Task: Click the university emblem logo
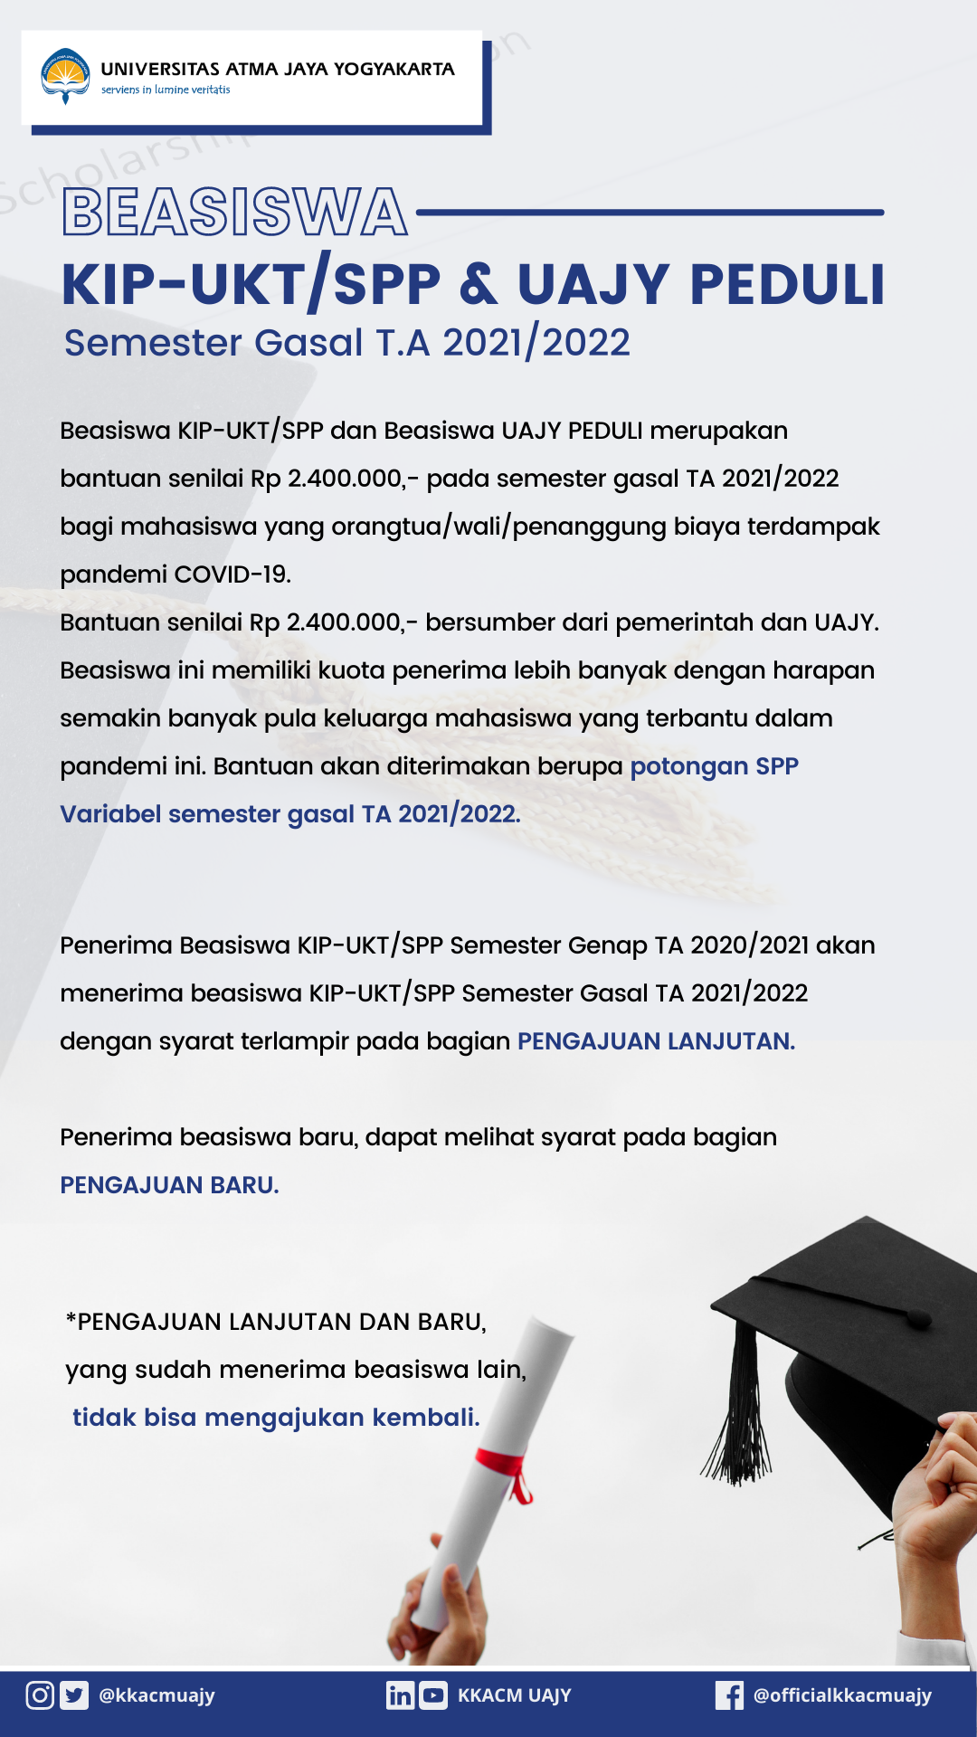coord(65,75)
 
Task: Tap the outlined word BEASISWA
coord(234,213)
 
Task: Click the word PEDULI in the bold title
coord(787,285)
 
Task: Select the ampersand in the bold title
coord(479,285)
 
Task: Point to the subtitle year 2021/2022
coord(536,343)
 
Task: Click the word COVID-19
coord(232,574)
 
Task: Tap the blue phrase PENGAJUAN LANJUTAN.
coord(656,1041)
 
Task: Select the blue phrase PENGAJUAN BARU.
coord(169,1185)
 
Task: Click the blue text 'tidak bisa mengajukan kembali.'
coord(276,1417)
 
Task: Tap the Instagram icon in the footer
coord(40,1694)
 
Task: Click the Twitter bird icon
coord(74,1694)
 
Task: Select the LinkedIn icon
coord(399,1694)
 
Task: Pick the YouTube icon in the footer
coord(433,1694)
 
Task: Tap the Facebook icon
coord(729,1694)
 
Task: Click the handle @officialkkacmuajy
coord(842,1694)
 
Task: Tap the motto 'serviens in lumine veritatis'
coord(166,90)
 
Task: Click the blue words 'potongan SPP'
coord(715,766)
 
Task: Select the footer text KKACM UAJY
coord(514,1694)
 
